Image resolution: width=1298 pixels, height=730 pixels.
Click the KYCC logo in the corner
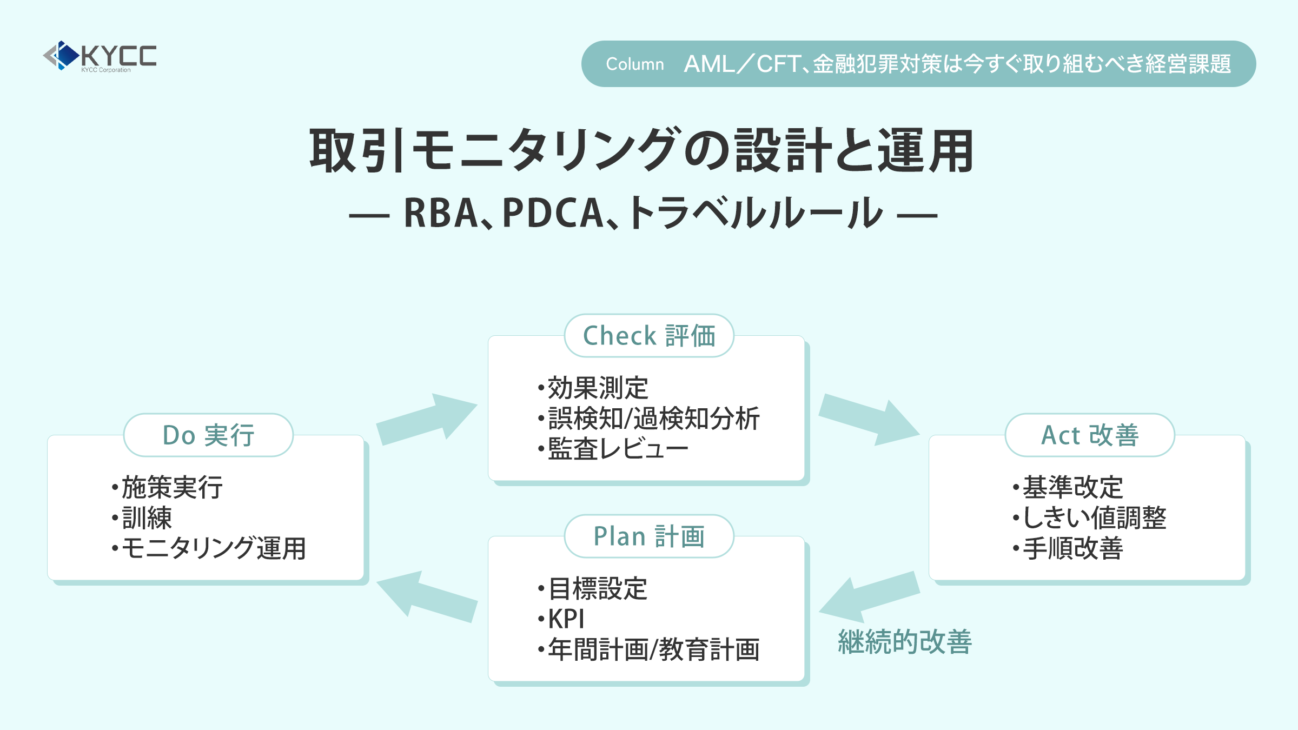[x=101, y=56]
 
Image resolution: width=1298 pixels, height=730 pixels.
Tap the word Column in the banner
[x=634, y=64]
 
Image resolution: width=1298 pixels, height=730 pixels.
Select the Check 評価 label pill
[x=649, y=336]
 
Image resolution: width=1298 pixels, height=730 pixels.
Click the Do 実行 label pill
[x=208, y=435]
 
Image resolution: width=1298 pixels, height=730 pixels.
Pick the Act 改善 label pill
[x=1090, y=435]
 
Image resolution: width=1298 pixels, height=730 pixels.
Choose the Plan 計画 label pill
[x=649, y=536]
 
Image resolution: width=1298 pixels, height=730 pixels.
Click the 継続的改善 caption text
[x=905, y=642]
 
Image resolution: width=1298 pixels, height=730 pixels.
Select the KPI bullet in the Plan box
[x=566, y=619]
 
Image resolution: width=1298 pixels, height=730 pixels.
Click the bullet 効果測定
[x=597, y=388]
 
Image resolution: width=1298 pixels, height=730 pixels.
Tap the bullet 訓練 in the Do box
[x=146, y=518]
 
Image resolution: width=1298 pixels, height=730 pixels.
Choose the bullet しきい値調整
[x=1094, y=518]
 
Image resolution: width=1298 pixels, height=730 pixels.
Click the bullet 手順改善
[x=1072, y=548]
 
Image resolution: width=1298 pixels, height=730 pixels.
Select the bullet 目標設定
[x=597, y=589]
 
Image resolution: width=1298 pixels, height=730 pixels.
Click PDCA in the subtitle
[x=552, y=213]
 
